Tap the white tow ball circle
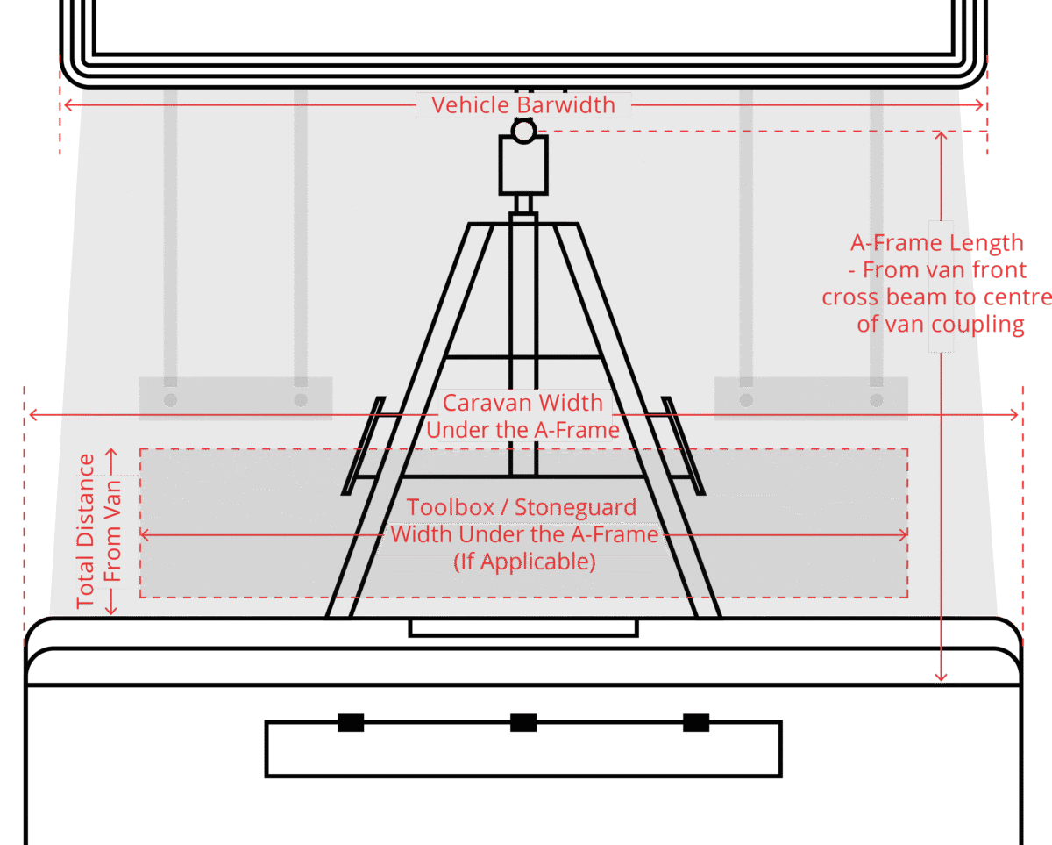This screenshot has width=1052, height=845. point(523,132)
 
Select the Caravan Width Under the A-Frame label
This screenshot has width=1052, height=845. point(522,416)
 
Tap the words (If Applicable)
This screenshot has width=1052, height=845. point(524,562)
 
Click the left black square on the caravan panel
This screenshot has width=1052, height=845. point(351,722)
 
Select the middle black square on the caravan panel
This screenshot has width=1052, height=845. point(523,722)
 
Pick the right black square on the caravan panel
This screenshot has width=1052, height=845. point(696,722)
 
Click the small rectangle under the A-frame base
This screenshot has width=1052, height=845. point(523,628)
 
